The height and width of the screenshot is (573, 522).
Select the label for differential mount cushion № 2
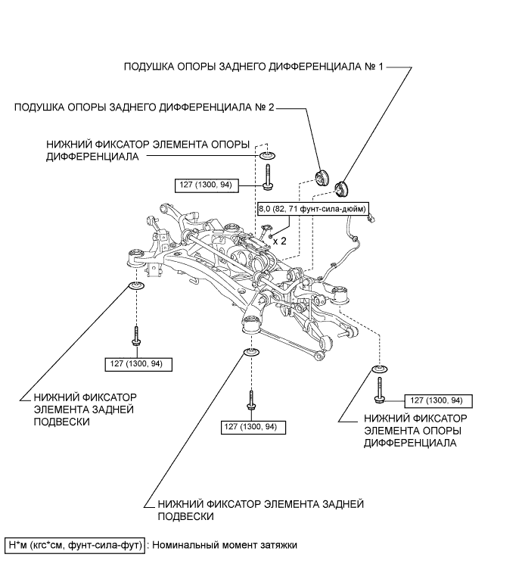(144, 108)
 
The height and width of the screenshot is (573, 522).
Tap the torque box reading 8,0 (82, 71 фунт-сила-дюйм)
(313, 208)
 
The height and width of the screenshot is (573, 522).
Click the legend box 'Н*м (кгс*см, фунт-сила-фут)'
(75, 545)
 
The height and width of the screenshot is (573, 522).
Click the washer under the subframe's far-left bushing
(137, 285)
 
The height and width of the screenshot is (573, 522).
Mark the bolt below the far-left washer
(137, 337)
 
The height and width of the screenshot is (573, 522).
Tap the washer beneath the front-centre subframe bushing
(250, 352)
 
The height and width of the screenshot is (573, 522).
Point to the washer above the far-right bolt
(379, 370)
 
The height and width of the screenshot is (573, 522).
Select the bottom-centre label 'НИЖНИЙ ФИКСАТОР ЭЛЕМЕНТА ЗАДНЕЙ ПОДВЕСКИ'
(260, 509)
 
